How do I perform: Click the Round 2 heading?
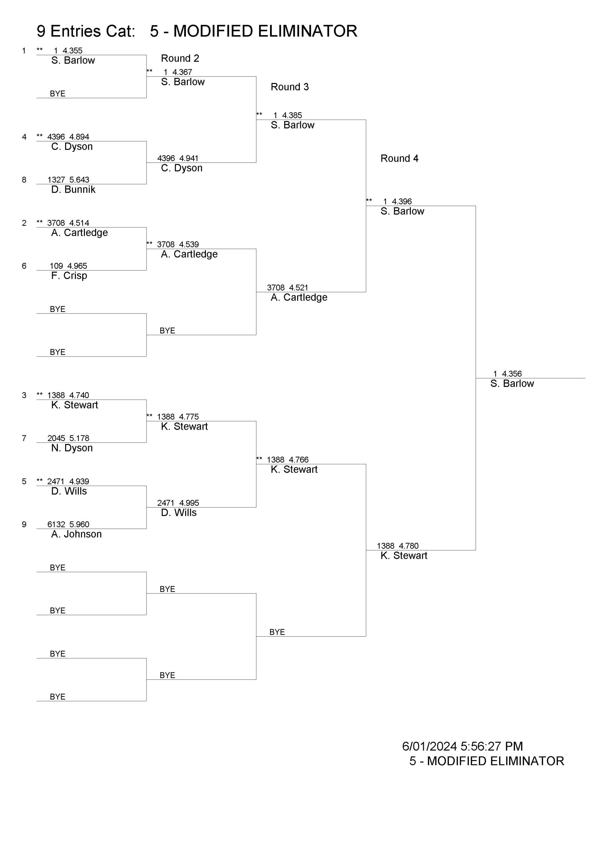pos(180,59)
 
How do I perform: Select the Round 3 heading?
pos(290,87)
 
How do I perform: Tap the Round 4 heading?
pos(399,158)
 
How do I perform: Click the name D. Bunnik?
pos(73,189)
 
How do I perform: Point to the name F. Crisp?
pos(69,276)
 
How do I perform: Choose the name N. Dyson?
pos(72,448)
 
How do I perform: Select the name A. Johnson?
pos(77,534)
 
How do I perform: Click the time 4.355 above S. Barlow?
pos(72,51)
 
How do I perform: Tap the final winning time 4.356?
pos(512,373)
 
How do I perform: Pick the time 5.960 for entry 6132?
pos(79,524)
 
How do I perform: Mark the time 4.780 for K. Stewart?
pos(408,546)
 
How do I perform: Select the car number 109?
pos(56,266)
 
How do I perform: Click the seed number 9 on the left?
pos(24,525)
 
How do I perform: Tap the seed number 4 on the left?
pos(24,137)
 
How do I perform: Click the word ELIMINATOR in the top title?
pos(307,31)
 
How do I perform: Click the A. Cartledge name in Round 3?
pos(299,297)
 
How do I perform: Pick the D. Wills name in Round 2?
pos(178,513)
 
